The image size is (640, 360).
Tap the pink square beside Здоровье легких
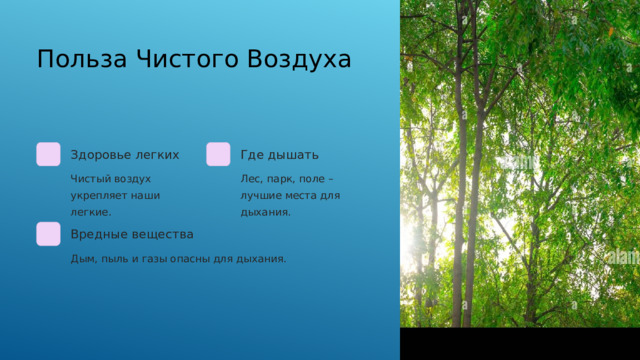(48, 155)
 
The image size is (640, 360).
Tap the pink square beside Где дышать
(218, 155)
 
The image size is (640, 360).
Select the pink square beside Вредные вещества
(48, 234)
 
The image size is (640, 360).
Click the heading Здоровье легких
(125, 155)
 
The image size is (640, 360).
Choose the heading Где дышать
(280, 155)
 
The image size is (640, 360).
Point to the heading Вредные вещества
(132, 234)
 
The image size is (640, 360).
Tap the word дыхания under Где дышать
(265, 212)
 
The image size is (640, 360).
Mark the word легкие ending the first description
(90, 212)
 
